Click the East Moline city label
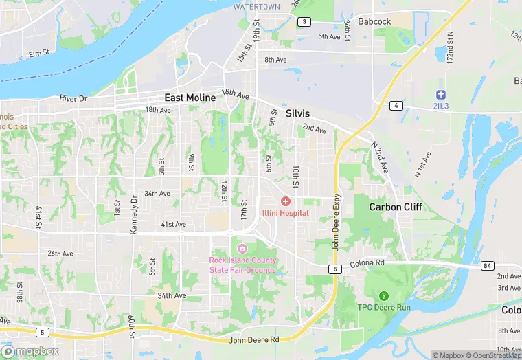coord(190,98)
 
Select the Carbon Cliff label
coord(396,207)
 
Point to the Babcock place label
coord(374,21)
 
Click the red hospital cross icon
coord(285,201)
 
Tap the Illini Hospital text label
coord(285,213)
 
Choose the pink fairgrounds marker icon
coord(241,248)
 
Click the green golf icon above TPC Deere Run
coord(384,295)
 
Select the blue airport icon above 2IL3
coord(442,94)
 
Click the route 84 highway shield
coord(488,266)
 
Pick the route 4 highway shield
coord(396,105)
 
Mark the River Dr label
coord(73,99)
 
